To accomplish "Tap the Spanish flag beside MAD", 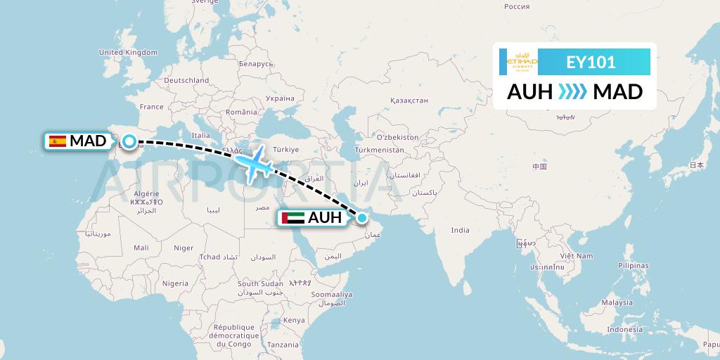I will (57, 141).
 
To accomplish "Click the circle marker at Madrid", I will (129, 141).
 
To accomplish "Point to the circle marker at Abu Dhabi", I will (362, 218).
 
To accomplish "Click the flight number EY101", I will (591, 62).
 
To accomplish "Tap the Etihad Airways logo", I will (518, 62).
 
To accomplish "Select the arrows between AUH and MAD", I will (572, 91).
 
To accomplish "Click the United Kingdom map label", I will (128, 53).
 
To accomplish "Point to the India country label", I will (460, 230).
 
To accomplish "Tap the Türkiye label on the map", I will (286, 150).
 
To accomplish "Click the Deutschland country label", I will (186, 81).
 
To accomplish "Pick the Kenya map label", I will (294, 320).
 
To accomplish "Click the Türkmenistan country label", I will (380, 150).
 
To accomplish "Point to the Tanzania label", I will (283, 345).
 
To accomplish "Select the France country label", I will (151, 107).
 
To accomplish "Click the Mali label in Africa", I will (141, 247).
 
